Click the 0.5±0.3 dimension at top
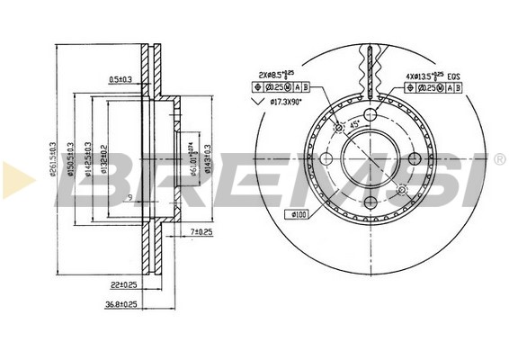pos(120,80)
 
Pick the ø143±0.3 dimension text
pos(208,159)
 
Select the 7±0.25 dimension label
pos(202,233)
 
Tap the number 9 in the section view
pos(130,198)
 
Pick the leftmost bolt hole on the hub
pos(327,159)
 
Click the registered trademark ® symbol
pos(498,159)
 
